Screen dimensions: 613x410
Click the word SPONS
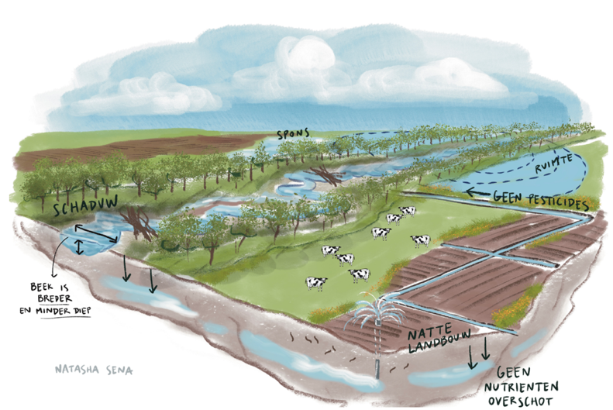pos(293,133)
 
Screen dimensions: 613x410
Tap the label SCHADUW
pos(85,205)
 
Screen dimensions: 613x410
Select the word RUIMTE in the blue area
pos(553,163)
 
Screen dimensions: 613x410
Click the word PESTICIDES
pos(559,201)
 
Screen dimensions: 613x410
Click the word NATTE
pos(429,332)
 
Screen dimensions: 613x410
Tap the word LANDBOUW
pos(439,342)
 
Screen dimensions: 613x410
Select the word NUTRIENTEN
pos(522,388)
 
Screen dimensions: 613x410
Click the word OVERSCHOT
pos(520,401)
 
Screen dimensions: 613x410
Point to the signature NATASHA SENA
pos(94,370)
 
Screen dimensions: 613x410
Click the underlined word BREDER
pos(55,299)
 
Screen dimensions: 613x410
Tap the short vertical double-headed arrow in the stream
pos(79,247)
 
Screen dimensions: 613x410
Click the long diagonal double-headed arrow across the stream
pos(96,233)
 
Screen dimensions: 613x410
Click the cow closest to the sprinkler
pos(360,275)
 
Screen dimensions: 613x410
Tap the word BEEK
pos(42,288)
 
